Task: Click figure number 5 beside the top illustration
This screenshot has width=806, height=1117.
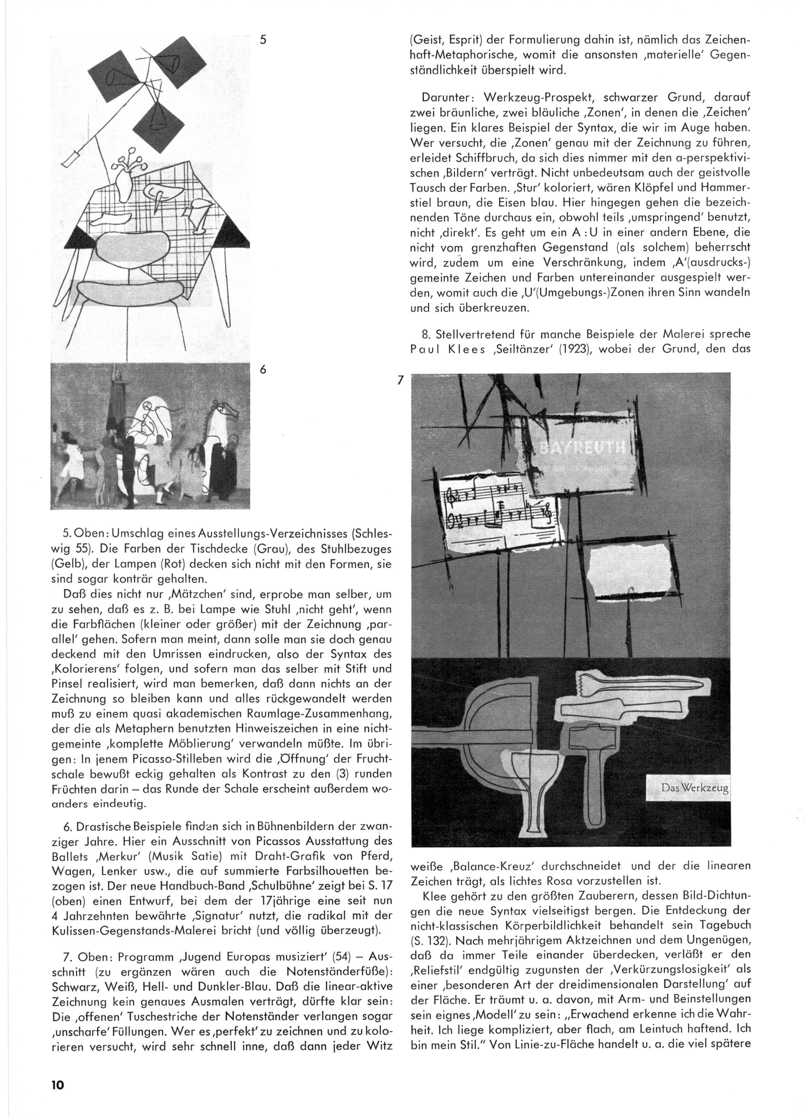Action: (x=263, y=40)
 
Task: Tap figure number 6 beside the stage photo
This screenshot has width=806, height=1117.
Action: (x=263, y=369)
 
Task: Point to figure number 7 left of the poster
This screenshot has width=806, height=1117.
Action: (x=400, y=380)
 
